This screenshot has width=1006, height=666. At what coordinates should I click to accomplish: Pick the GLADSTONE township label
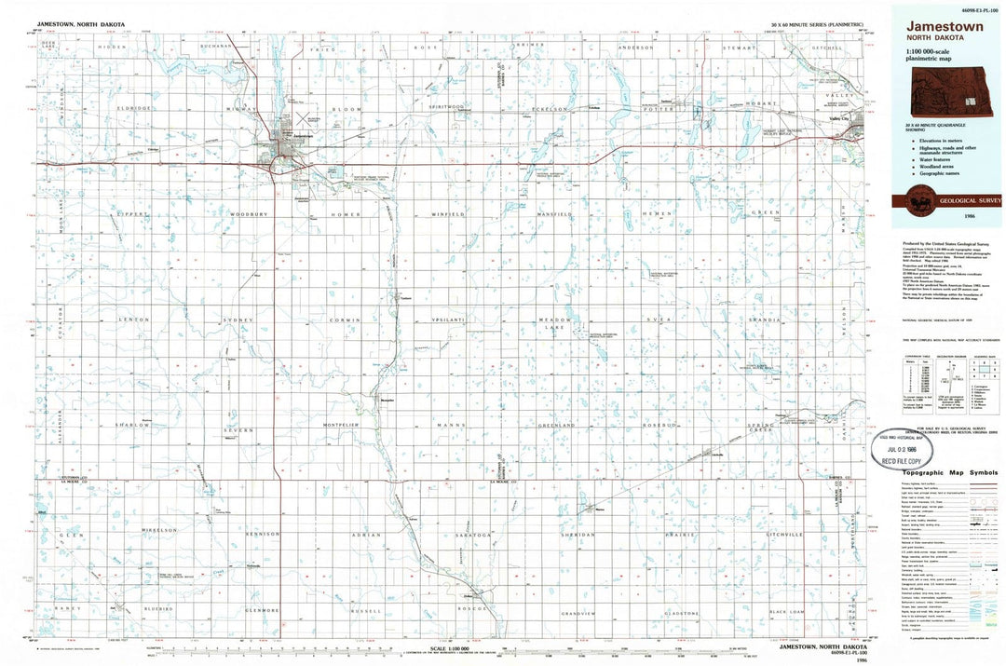680,613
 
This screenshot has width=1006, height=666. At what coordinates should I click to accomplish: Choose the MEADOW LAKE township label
554,323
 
